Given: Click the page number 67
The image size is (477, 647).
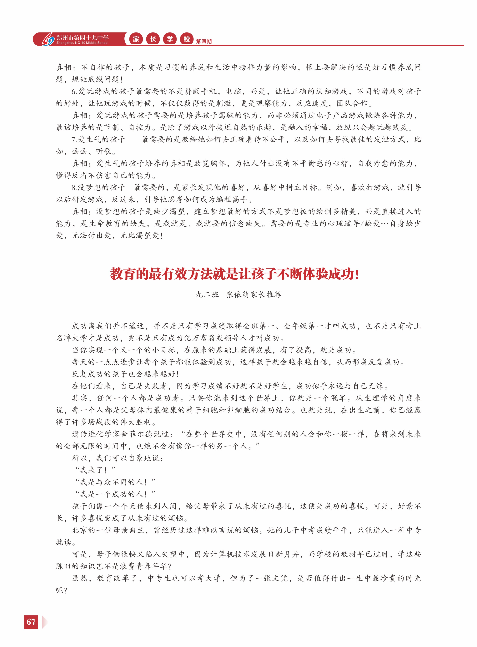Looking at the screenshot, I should click(x=31, y=621).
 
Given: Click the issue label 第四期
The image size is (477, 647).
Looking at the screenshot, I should click(x=204, y=42).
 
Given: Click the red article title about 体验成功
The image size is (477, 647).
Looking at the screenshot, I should click(x=235, y=274).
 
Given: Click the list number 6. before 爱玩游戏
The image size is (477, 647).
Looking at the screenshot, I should click(x=74, y=91).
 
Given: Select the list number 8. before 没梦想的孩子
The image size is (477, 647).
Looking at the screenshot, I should click(x=74, y=188).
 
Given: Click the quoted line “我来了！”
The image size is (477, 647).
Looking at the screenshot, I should click(x=95, y=470).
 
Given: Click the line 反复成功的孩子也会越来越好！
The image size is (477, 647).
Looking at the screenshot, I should click(x=125, y=374).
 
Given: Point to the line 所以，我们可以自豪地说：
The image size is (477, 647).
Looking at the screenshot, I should click(x=118, y=458).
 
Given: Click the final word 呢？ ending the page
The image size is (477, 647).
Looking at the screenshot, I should click(x=62, y=590).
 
